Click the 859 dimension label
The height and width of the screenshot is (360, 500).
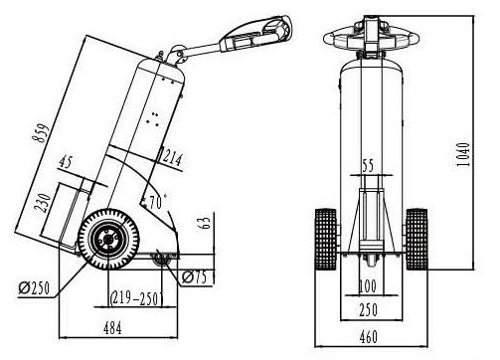[x=43, y=133]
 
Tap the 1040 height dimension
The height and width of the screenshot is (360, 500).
[x=463, y=154]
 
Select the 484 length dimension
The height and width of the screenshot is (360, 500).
[x=112, y=328]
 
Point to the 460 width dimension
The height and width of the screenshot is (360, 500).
[x=368, y=337]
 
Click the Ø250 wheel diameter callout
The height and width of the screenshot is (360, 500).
[x=34, y=287]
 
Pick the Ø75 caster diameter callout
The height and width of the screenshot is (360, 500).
[x=194, y=277]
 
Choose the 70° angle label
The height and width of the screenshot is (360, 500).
[x=156, y=202]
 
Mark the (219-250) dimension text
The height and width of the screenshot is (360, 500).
[x=136, y=298]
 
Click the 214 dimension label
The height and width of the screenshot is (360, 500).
[x=172, y=158]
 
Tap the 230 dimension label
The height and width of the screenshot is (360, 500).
[x=43, y=202]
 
